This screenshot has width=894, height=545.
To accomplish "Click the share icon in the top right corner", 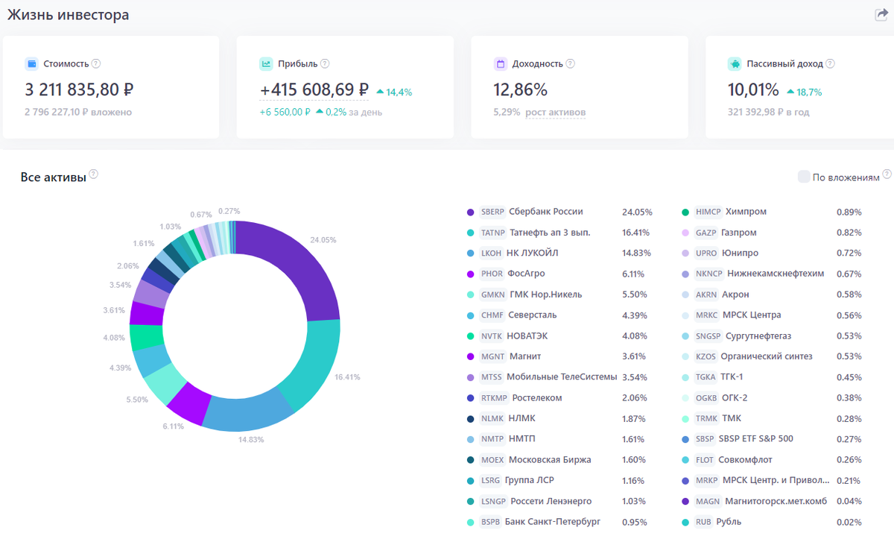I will point(881,15).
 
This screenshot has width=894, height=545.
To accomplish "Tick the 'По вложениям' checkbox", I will point(804,177).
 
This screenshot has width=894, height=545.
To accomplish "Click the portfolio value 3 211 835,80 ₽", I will point(79,90).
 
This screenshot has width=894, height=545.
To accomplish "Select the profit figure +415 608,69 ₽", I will point(314,90).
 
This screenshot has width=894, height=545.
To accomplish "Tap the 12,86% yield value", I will point(520,90).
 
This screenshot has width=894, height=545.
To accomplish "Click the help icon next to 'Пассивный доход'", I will point(830,64).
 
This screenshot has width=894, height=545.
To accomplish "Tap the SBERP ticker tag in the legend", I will point(493,212).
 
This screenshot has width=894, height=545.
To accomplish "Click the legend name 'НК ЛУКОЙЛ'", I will point(532,253).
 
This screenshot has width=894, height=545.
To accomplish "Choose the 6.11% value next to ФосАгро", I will point(634,274).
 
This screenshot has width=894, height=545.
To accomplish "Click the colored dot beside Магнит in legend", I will point(470,356).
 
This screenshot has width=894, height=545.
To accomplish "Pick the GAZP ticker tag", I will point(706,233).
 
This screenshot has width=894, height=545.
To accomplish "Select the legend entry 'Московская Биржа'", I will point(550,459).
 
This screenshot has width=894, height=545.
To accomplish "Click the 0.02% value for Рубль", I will point(849,522).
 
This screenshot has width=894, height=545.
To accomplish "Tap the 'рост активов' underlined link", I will point(555,113).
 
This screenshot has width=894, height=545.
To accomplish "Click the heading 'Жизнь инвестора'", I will point(68,15).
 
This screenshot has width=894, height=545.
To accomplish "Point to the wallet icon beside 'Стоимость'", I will point(31,64).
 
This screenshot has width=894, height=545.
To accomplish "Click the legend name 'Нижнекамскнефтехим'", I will point(776,274).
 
